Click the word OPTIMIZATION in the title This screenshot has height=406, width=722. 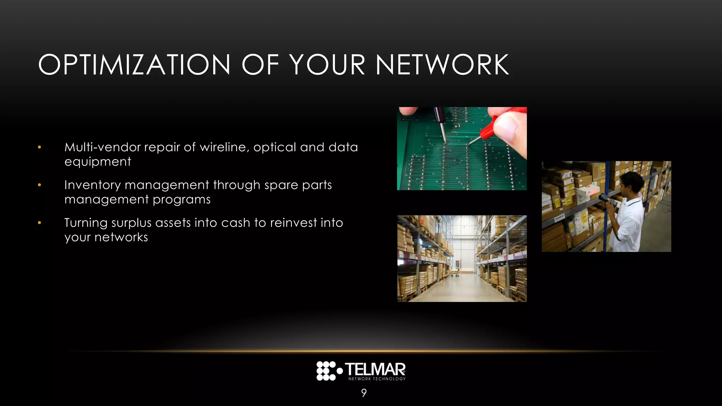click(x=134, y=65)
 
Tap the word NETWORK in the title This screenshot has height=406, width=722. click(x=442, y=65)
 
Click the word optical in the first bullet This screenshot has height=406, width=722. click(x=275, y=147)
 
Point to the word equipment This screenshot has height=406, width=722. click(x=98, y=162)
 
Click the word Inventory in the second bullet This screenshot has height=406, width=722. click(x=92, y=185)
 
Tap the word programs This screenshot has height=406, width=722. click(x=181, y=199)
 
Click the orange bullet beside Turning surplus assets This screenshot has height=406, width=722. click(x=39, y=223)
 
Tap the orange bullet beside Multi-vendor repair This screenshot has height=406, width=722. click(x=39, y=147)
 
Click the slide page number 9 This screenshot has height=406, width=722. click(x=364, y=393)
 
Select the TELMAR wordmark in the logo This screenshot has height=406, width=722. click(x=375, y=369)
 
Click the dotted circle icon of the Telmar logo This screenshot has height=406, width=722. click(x=326, y=371)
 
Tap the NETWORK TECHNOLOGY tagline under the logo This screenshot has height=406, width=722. click(x=377, y=379)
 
